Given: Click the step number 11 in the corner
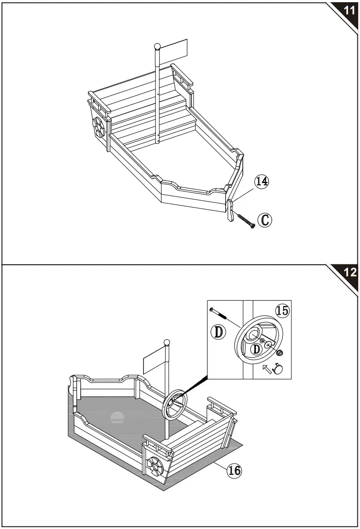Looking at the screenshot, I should point(349,11).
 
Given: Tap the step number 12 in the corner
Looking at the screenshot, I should point(349,272).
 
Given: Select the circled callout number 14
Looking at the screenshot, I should point(262,181).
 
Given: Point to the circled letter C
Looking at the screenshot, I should point(264,220).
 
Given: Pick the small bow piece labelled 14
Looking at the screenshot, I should point(230,210).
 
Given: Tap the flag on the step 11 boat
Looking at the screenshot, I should point(174,51).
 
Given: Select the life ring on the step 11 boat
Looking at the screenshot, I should point(99,129).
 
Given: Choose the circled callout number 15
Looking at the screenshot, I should point(282,311).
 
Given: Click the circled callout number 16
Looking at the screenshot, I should point(234,471).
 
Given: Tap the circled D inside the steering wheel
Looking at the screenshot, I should point(257,350).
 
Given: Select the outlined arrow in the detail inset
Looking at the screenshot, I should point(267,368).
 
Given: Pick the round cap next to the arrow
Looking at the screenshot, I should point(278,369).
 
